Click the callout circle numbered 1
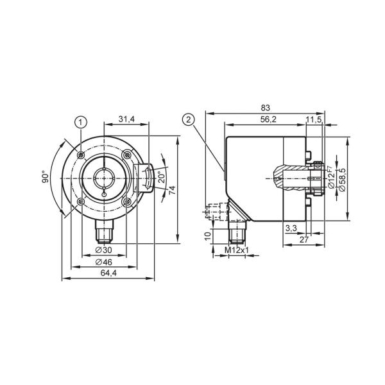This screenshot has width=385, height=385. point(81,122)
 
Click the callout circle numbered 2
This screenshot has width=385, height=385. point(188,120)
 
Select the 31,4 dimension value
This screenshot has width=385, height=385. point(126,119)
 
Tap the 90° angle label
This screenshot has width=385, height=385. point(45,177)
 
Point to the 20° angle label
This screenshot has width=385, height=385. point(162,178)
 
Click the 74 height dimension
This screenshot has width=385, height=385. point(173,191)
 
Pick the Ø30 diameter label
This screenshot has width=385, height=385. point(103,250)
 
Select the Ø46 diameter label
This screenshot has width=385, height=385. point(103,262)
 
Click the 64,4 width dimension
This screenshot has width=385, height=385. point(108,273)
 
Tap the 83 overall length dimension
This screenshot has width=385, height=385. point(265,108)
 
